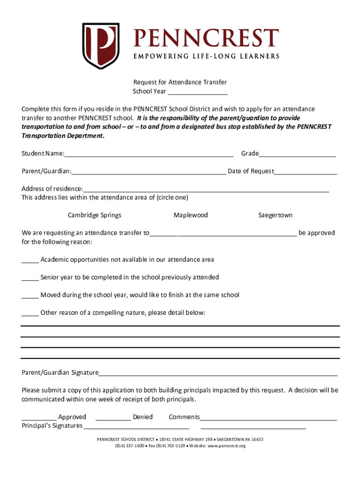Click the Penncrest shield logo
tap(101, 46)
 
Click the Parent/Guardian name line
tap(148, 172)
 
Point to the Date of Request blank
tap(305, 172)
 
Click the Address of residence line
tap(206, 189)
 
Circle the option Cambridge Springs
tap(94, 215)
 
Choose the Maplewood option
tap(191, 215)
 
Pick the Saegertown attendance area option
tap(275, 215)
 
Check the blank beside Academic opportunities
tap(30, 261)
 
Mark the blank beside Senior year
tap(30, 278)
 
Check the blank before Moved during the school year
tap(30, 296)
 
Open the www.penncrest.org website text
tap(226, 446)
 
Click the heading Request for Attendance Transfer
tap(180, 82)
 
